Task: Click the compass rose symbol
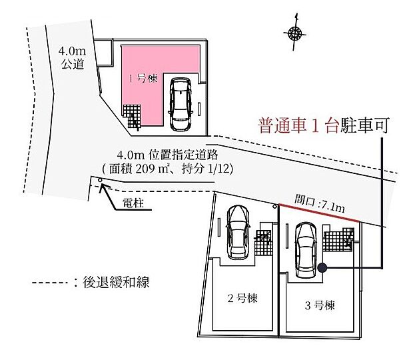[x=294, y=33]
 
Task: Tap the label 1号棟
[x=143, y=79]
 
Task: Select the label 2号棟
[x=242, y=298]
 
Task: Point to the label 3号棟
[x=320, y=305]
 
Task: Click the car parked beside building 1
[x=181, y=104]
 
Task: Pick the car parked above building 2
[x=238, y=232]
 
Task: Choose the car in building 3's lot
[x=306, y=250]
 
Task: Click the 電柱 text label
[x=133, y=203]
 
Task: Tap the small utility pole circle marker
[x=100, y=180]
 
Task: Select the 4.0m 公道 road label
[x=72, y=57]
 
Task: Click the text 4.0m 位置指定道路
[x=167, y=155]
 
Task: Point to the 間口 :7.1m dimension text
[x=320, y=203]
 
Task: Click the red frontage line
[x=319, y=213]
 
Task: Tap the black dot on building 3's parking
[x=322, y=268]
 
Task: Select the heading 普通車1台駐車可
[x=324, y=125]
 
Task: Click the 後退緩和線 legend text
[x=116, y=282]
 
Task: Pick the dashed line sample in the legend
[x=51, y=283]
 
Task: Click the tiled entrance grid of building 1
[x=133, y=116]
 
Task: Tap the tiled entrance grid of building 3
[x=338, y=240]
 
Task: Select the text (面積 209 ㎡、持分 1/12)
[x=167, y=169]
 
